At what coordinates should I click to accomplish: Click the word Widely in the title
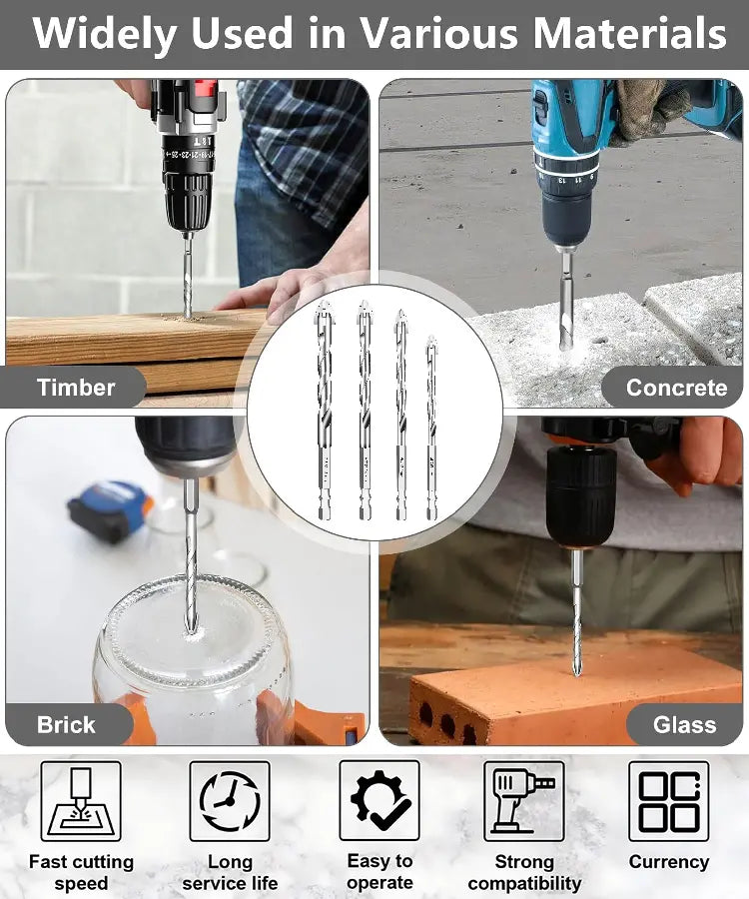(x=104, y=34)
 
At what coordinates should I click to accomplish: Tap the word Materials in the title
(x=630, y=32)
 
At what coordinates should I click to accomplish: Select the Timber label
(x=76, y=387)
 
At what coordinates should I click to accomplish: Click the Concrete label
(x=677, y=388)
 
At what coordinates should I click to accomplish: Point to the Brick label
(x=66, y=725)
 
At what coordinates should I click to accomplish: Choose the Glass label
(x=685, y=725)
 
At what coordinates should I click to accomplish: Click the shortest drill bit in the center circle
(x=431, y=428)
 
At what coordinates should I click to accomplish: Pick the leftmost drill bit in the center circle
(x=325, y=411)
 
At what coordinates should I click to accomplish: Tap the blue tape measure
(x=111, y=510)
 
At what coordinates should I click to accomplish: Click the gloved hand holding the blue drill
(x=647, y=109)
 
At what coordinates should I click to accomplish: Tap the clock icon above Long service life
(x=230, y=801)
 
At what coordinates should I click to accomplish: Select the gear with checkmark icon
(x=379, y=800)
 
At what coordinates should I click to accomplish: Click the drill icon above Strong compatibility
(x=523, y=801)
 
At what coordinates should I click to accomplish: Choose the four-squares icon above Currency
(x=669, y=801)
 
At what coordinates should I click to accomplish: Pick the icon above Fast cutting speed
(x=81, y=801)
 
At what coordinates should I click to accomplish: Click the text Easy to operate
(x=379, y=871)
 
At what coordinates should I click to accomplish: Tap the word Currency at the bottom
(x=669, y=862)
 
